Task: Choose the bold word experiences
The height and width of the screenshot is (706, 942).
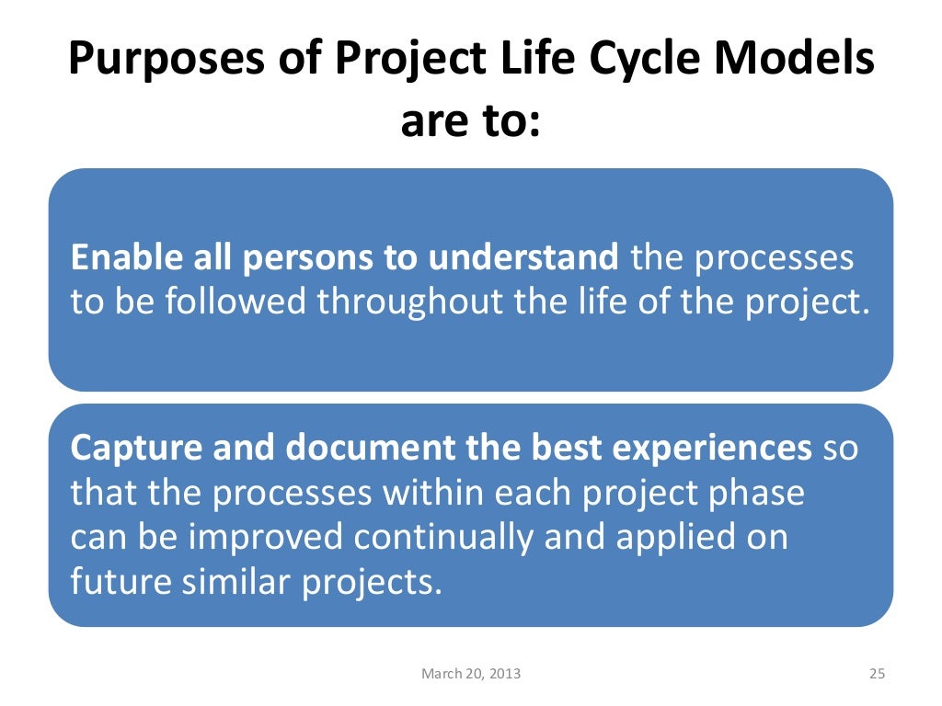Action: tap(708, 448)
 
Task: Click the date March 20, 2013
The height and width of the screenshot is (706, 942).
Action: tap(470, 674)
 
